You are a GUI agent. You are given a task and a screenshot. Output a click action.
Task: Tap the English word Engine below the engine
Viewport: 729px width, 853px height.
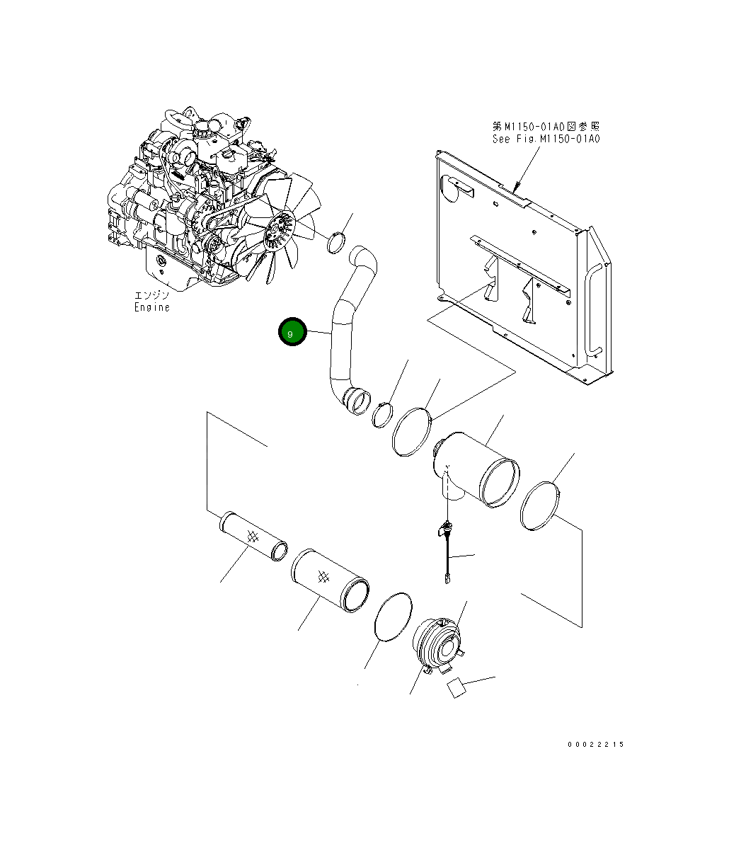152,307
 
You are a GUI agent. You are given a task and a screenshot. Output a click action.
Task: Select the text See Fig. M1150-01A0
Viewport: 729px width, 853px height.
546,139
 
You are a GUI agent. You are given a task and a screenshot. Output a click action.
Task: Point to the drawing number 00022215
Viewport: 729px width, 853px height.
595,744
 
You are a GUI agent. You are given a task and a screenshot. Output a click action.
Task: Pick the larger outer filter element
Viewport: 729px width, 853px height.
329,578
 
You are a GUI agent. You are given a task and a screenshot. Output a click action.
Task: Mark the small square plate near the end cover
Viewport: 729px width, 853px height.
456,687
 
